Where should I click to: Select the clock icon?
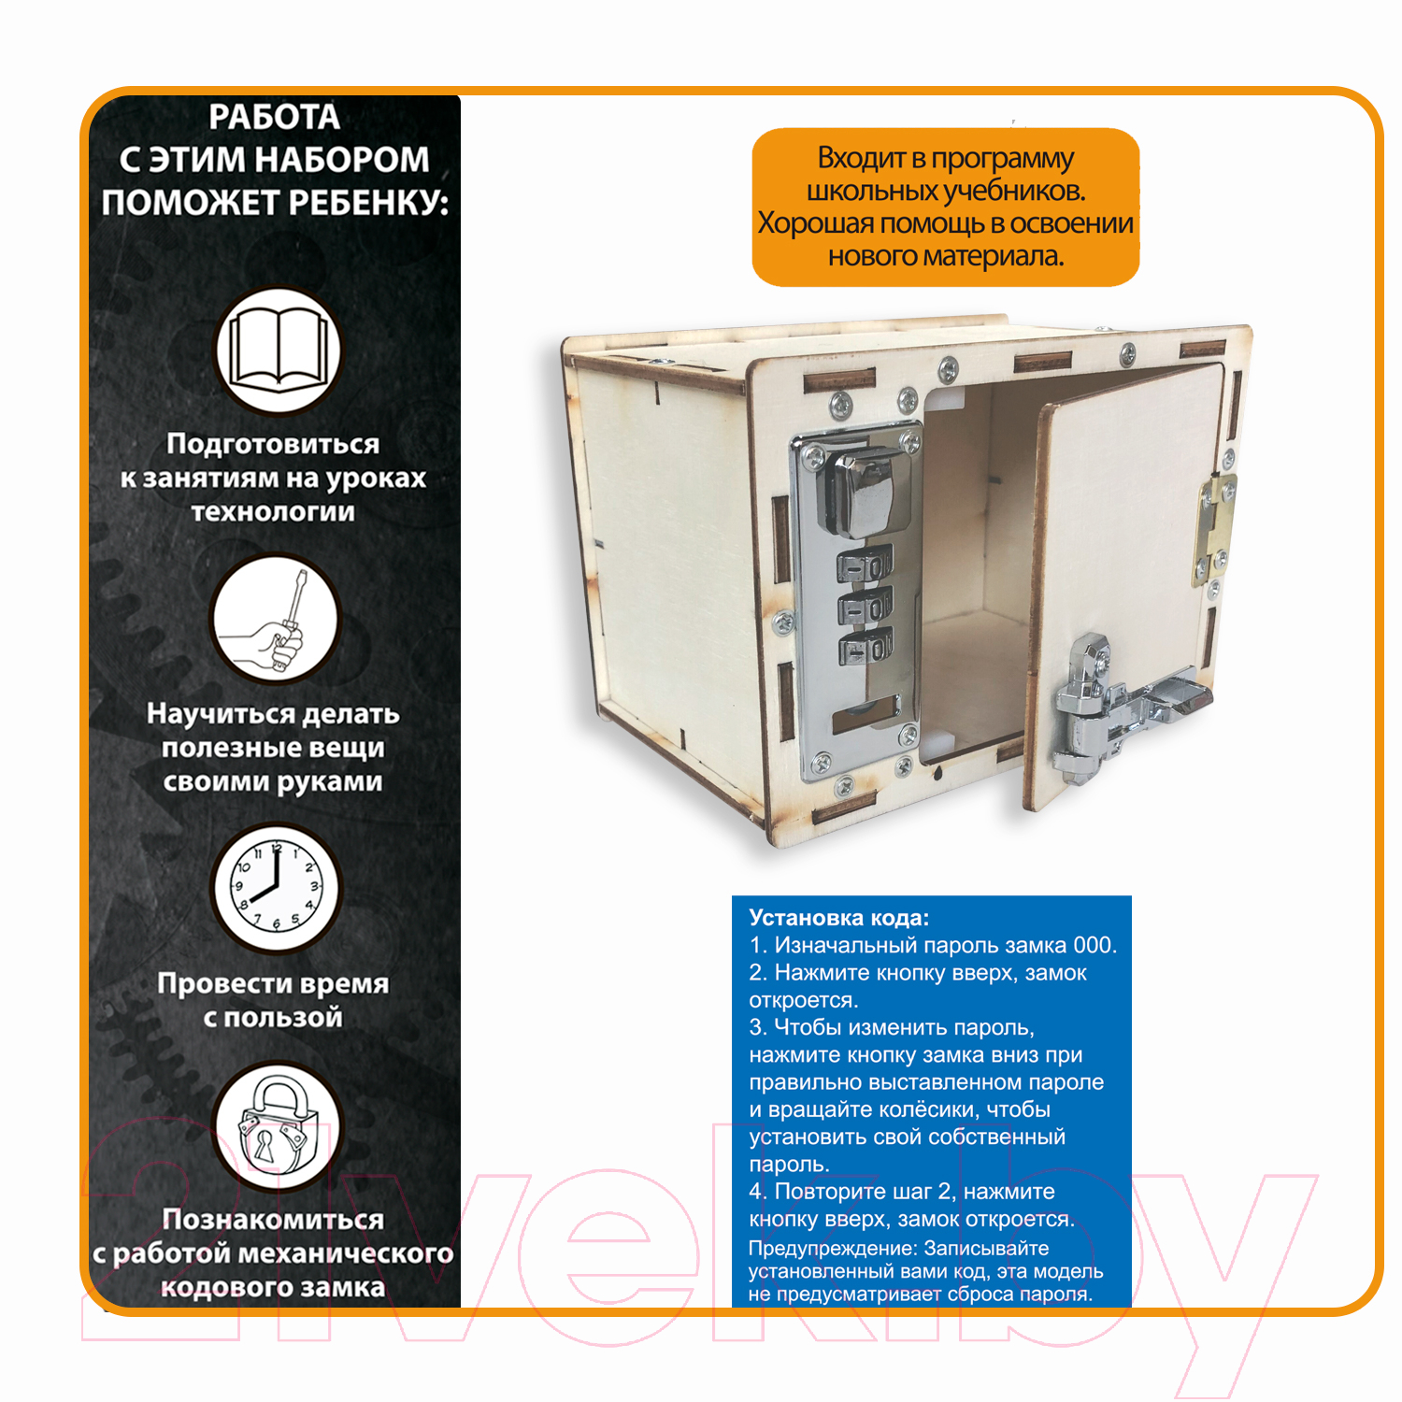tap(276, 887)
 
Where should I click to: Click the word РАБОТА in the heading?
tap(274, 117)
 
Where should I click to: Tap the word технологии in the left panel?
tap(273, 511)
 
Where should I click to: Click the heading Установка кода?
tap(838, 918)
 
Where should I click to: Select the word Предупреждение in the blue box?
tap(832, 1249)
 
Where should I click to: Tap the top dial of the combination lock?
tap(864, 567)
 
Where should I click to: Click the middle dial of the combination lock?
tap(866, 608)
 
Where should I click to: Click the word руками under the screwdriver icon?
tap(326, 781)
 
